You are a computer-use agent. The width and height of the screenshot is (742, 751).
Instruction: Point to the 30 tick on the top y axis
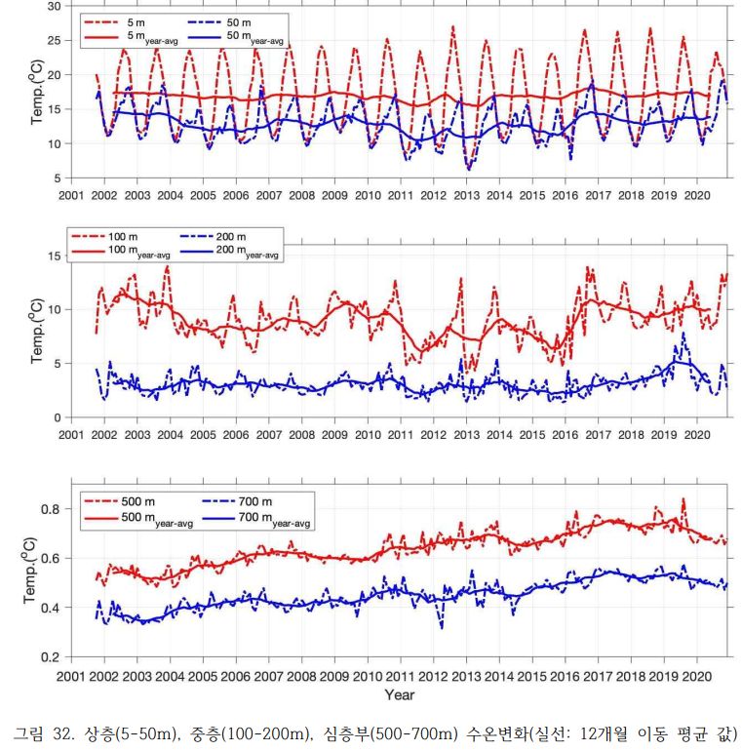(56, 6)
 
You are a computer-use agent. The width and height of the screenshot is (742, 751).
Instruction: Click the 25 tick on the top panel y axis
(56, 40)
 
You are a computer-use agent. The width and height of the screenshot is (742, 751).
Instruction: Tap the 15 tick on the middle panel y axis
(56, 256)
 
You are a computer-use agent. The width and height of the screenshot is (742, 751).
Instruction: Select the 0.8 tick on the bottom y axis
(53, 509)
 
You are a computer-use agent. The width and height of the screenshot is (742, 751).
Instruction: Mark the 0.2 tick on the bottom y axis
(53, 656)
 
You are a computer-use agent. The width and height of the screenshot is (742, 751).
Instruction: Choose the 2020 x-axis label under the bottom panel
(697, 675)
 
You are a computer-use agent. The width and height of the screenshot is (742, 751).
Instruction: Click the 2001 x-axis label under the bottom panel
(71, 675)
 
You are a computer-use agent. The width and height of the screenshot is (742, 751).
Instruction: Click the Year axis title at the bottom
(399, 694)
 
